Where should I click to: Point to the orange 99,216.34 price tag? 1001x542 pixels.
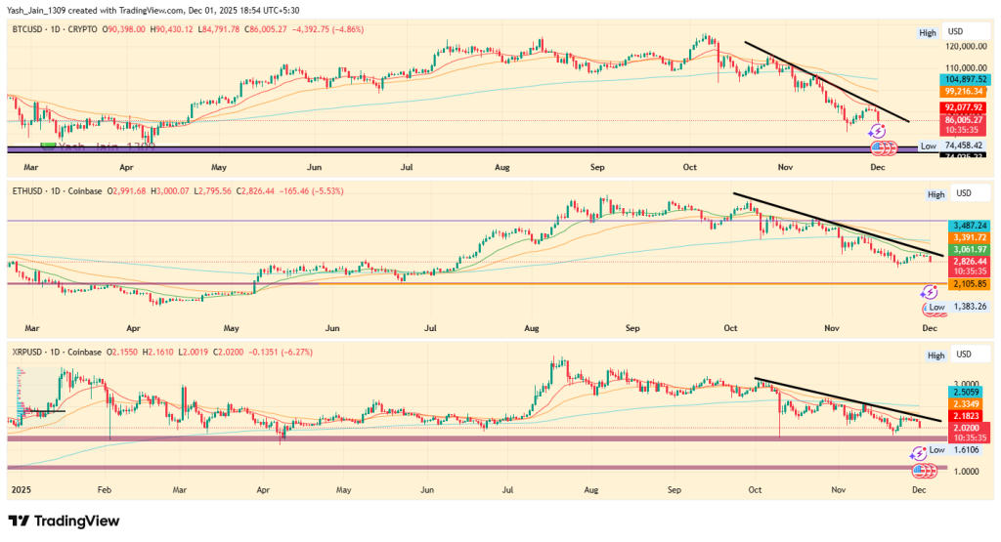point(962,91)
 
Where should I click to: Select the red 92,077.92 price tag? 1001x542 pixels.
point(962,106)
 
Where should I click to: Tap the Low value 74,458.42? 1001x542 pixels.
point(963,145)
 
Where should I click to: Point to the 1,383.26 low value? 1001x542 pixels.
point(967,307)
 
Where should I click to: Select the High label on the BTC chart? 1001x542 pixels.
point(927,33)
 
